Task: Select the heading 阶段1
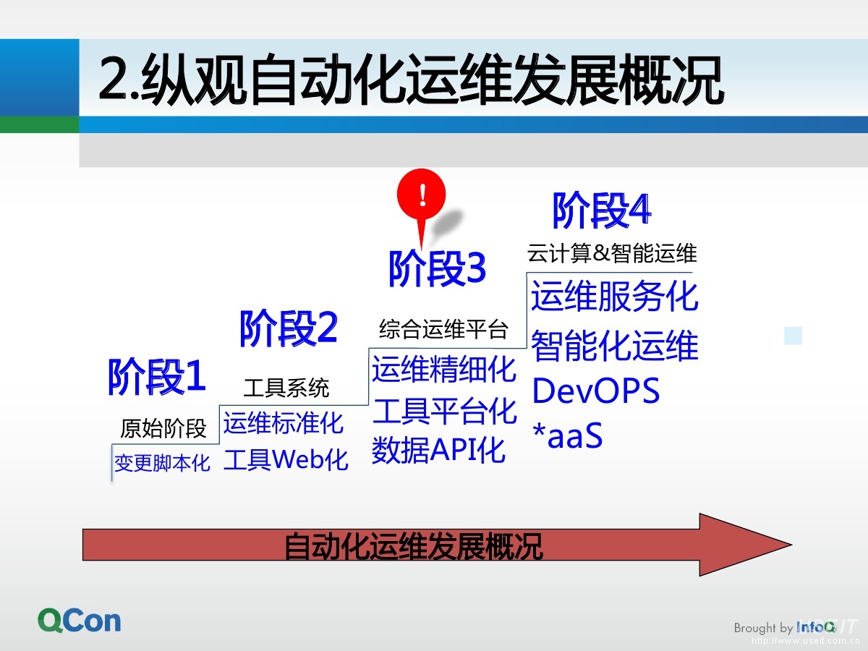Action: click(x=157, y=377)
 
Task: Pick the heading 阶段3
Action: click(x=437, y=270)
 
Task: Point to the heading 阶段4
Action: click(x=601, y=210)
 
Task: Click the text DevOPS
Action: click(x=596, y=391)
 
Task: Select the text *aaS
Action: click(x=567, y=436)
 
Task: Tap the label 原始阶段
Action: click(x=163, y=429)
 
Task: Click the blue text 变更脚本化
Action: click(x=162, y=463)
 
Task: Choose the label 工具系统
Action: click(x=286, y=388)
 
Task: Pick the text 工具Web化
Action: click(x=286, y=460)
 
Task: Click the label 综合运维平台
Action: click(x=443, y=330)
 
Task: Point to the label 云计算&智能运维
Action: click(x=612, y=254)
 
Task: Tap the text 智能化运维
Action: click(x=615, y=346)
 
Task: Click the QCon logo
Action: click(x=80, y=621)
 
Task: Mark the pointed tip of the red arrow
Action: click(x=791, y=545)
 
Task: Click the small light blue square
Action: click(x=793, y=336)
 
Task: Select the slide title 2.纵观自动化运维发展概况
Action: click(x=411, y=81)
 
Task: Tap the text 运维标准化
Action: click(x=284, y=423)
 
